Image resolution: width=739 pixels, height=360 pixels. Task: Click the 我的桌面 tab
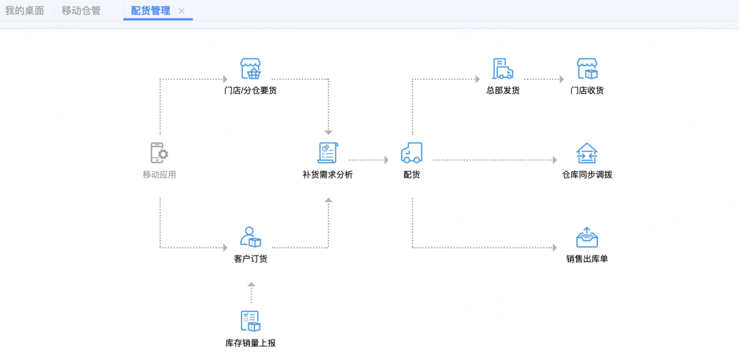[x=25, y=11]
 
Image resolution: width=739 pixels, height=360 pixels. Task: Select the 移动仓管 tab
[x=81, y=11]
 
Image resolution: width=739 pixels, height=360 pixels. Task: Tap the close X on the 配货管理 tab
[x=181, y=11]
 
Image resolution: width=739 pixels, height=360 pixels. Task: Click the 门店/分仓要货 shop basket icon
[x=250, y=69]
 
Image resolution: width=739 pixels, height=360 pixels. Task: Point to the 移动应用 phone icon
[x=159, y=153]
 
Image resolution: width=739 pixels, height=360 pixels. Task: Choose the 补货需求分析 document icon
[x=328, y=153]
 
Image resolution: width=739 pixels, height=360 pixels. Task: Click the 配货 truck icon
[x=411, y=153]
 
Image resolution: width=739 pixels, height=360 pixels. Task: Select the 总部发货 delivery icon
[x=503, y=69]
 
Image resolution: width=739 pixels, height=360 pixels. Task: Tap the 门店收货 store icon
[x=587, y=69]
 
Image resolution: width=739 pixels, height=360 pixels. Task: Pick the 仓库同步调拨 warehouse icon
[x=587, y=153]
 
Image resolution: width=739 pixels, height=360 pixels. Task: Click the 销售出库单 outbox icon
[x=587, y=237]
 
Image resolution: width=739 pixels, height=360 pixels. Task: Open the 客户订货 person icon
[x=250, y=237]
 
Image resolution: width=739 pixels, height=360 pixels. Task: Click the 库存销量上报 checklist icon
[x=250, y=321]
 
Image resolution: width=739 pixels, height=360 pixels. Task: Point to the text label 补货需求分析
[x=328, y=175]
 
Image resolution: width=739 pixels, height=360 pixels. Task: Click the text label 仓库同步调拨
[x=587, y=175]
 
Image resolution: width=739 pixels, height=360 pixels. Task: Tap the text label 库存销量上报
[x=250, y=343]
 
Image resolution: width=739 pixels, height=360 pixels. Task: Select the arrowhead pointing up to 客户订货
[x=251, y=284]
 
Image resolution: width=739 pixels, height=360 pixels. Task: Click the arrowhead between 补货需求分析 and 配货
[x=386, y=160]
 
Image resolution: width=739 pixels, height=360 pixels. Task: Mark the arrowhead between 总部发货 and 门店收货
[x=561, y=79]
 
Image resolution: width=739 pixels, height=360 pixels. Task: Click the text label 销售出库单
[x=587, y=259]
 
